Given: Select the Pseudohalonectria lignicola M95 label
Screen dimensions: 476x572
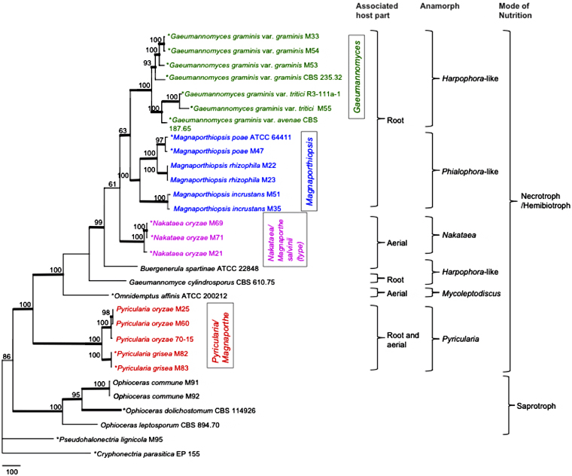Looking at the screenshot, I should coord(106,439).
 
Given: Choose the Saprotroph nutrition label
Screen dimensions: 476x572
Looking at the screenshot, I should coord(532,406).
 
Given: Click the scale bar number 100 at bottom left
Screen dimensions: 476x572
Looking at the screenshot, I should coord(10,470).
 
